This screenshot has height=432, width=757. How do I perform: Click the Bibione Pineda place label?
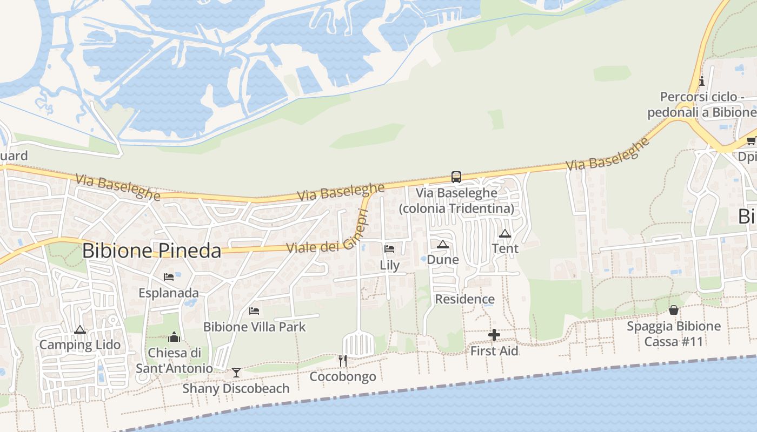[x=152, y=251]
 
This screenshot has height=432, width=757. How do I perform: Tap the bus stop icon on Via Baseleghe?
[x=456, y=177]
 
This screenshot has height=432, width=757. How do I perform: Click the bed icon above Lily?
[x=389, y=249]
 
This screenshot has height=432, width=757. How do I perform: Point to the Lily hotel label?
[x=389, y=265]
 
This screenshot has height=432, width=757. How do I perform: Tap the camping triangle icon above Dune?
[x=443, y=244]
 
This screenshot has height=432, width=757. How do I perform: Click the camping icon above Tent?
[x=505, y=233]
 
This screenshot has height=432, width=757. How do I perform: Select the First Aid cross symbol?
[x=494, y=335]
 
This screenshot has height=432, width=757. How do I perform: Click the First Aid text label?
[x=494, y=351]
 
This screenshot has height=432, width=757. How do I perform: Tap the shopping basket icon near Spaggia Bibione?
[x=674, y=310]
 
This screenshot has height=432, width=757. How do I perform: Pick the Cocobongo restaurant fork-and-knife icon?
[x=342, y=360]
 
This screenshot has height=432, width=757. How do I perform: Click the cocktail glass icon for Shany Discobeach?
[x=236, y=372]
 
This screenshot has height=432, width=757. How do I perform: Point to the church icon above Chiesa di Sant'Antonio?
[x=174, y=337]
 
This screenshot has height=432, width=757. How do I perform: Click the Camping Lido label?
[x=80, y=345]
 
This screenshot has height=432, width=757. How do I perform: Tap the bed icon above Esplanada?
[x=169, y=277]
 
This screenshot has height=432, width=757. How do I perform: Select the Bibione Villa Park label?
[x=254, y=327]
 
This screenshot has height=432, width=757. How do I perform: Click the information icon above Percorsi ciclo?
[x=702, y=82]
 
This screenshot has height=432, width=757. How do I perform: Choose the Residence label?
[x=464, y=299]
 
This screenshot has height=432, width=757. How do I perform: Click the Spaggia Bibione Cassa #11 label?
[x=674, y=334]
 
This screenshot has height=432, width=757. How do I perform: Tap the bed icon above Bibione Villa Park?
[x=254, y=311]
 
